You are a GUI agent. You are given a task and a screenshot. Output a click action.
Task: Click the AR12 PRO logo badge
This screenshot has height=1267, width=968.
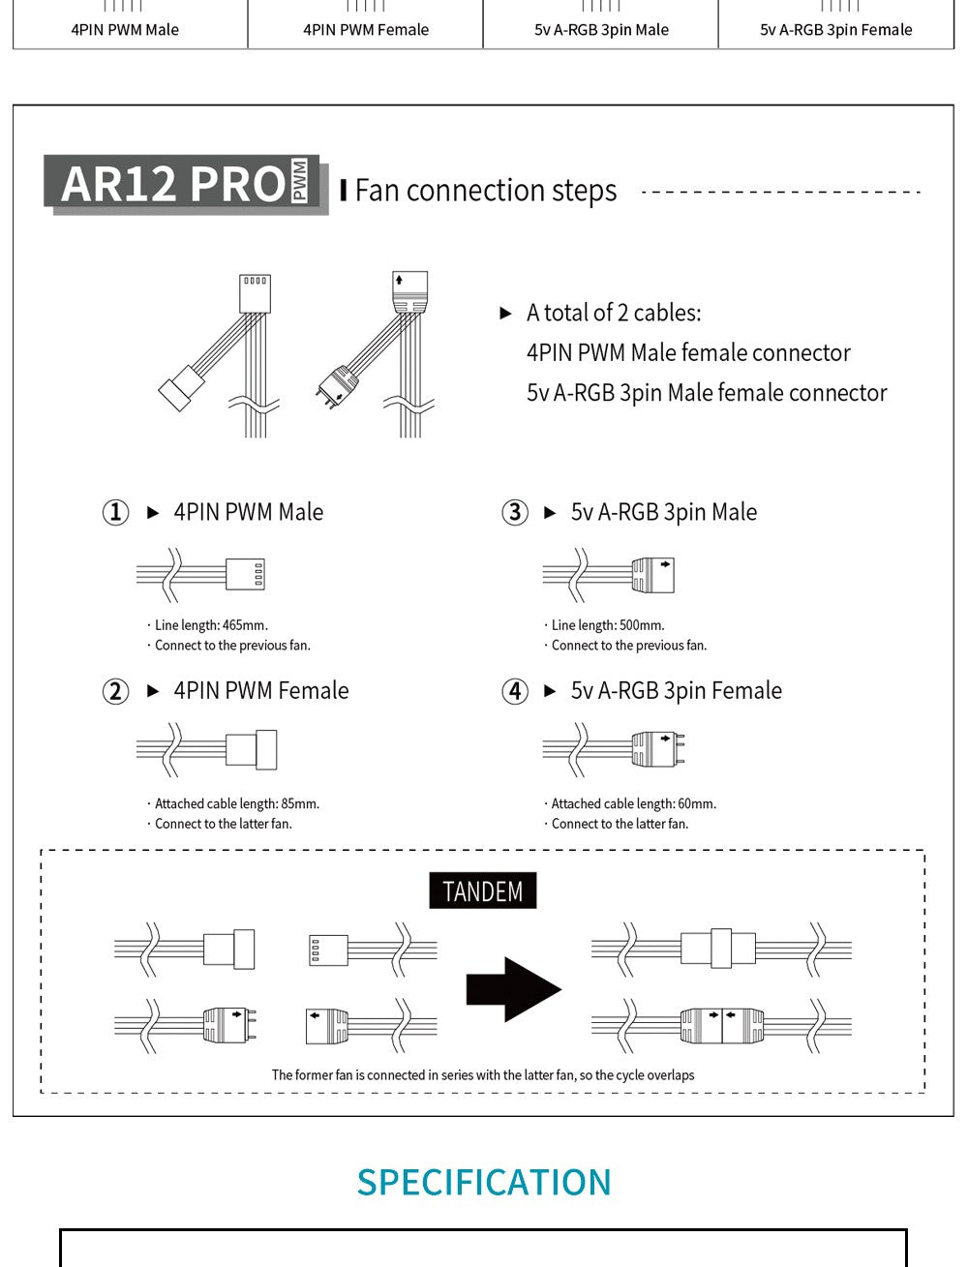(186, 185)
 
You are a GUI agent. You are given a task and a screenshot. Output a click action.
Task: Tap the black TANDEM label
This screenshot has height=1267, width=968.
(483, 890)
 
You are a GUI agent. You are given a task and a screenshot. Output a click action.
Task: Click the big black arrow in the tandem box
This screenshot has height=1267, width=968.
(514, 989)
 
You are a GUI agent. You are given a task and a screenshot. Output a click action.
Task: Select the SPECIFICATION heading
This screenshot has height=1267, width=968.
(484, 1182)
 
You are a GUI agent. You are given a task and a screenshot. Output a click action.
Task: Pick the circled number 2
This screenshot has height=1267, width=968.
(115, 691)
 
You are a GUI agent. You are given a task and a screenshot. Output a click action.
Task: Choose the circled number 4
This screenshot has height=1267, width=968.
(515, 691)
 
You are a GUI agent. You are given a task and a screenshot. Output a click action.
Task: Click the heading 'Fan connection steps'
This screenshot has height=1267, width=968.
(485, 191)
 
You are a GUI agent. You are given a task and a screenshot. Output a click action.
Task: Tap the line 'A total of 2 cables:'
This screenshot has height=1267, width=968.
(614, 313)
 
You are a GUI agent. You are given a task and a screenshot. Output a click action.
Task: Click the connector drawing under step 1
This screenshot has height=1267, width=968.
(200, 574)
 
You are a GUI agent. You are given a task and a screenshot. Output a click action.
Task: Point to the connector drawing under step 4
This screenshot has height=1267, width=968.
(614, 749)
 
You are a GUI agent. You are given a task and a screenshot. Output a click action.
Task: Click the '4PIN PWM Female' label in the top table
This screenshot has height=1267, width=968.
(366, 30)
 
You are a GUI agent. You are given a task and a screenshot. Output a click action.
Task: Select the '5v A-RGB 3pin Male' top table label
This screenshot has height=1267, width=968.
(601, 30)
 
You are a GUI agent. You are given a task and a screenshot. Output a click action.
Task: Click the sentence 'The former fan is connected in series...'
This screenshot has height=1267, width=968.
(483, 1074)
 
